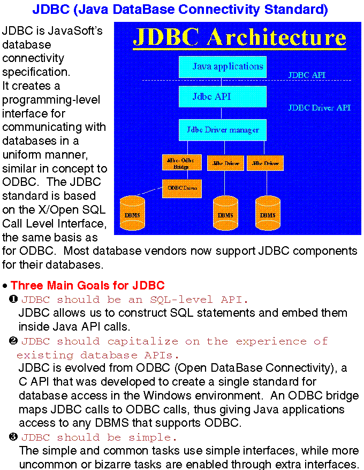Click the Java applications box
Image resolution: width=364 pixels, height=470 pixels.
[x=222, y=67]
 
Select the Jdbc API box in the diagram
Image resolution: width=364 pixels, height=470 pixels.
[x=222, y=97]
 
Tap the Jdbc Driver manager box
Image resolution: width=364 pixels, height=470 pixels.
[x=222, y=130]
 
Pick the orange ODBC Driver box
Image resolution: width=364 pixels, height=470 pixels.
[x=181, y=188]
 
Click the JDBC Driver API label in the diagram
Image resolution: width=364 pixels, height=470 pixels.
[x=319, y=107]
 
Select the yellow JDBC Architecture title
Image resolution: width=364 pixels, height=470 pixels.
[x=239, y=37]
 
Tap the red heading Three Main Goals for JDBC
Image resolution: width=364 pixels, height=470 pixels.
[x=87, y=286]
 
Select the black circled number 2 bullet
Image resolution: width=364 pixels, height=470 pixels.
[x=14, y=340]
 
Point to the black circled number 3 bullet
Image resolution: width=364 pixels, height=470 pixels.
[x=14, y=437]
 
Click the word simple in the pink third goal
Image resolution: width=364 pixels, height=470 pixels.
[x=151, y=438]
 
